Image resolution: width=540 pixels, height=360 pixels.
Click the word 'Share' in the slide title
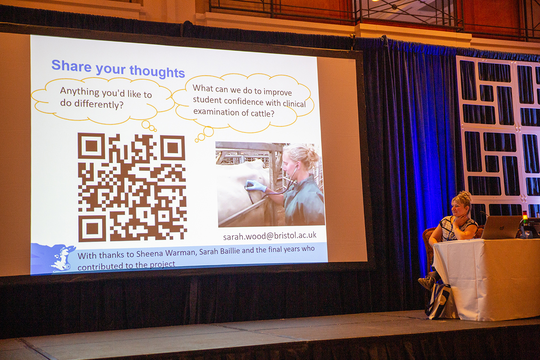pos(72,65)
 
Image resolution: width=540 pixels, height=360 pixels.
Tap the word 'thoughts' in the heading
pos(157,72)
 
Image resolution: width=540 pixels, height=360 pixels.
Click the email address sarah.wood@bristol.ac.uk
pos(270,236)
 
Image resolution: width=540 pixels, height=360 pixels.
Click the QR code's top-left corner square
pos(91,146)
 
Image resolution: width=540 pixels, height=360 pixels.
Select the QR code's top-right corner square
pos(172,148)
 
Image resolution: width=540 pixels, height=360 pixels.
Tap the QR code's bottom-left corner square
pos(92,228)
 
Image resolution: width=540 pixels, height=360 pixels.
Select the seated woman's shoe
pos(427,283)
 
